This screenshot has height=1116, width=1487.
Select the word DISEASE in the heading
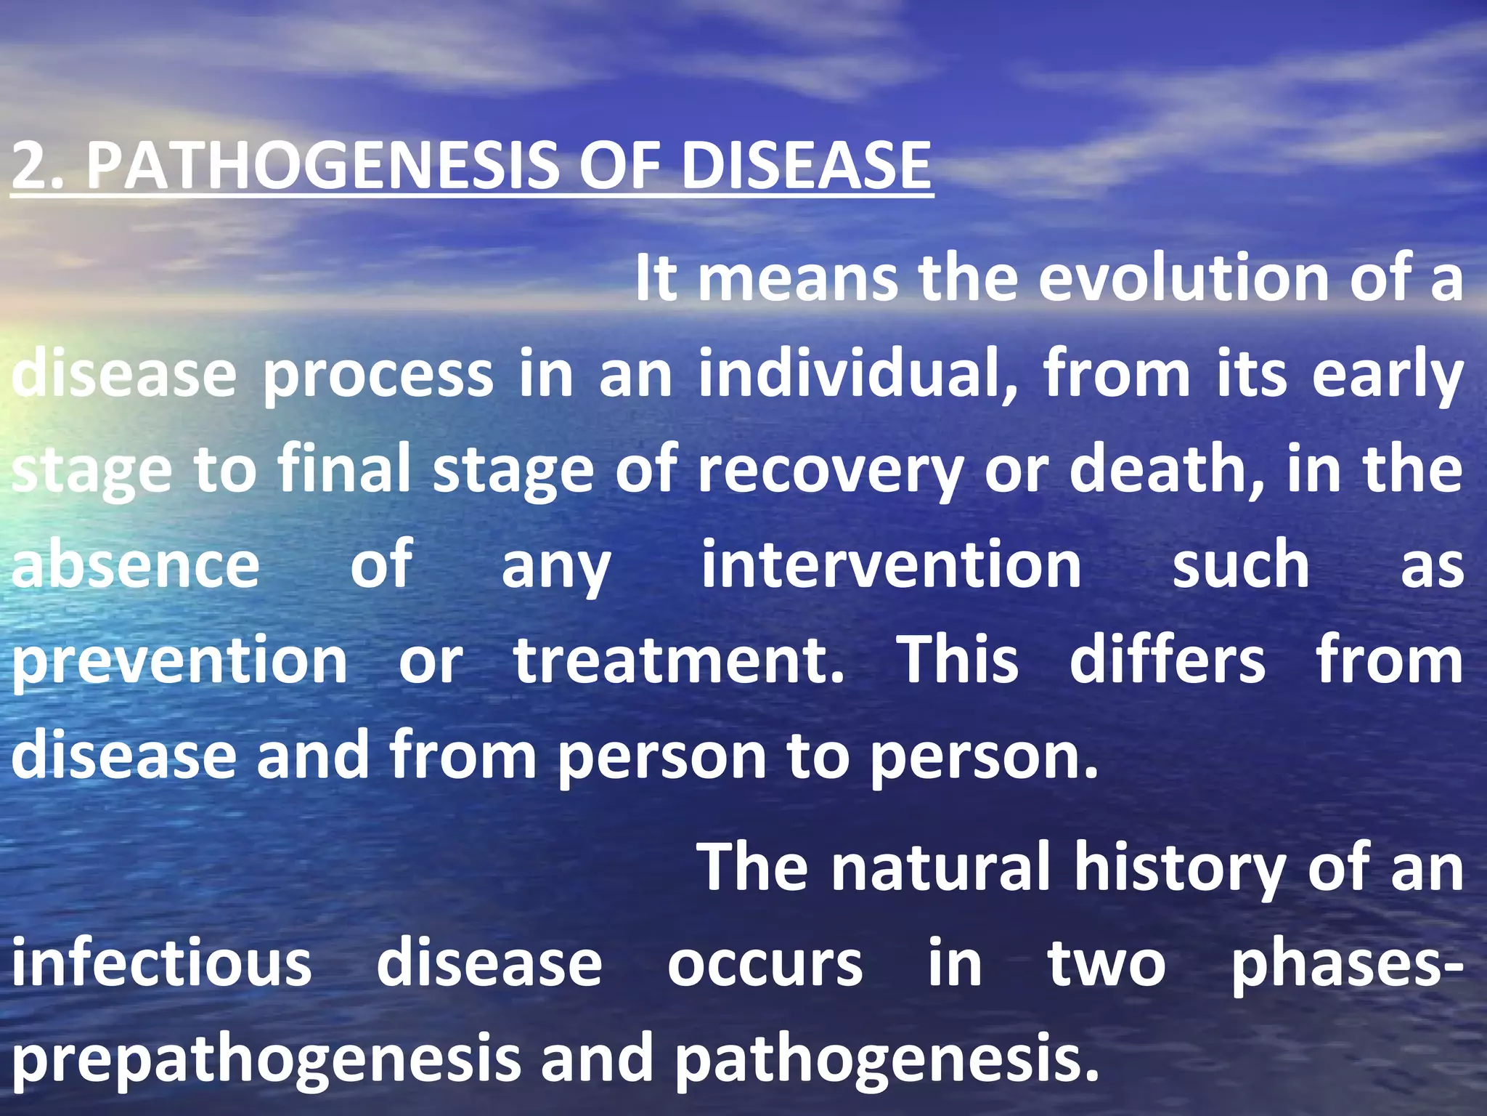(x=806, y=166)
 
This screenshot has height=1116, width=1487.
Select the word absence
(x=136, y=565)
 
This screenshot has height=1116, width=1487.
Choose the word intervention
(x=892, y=565)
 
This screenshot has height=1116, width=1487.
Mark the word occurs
(x=765, y=965)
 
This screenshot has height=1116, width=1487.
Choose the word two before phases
(x=1107, y=963)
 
